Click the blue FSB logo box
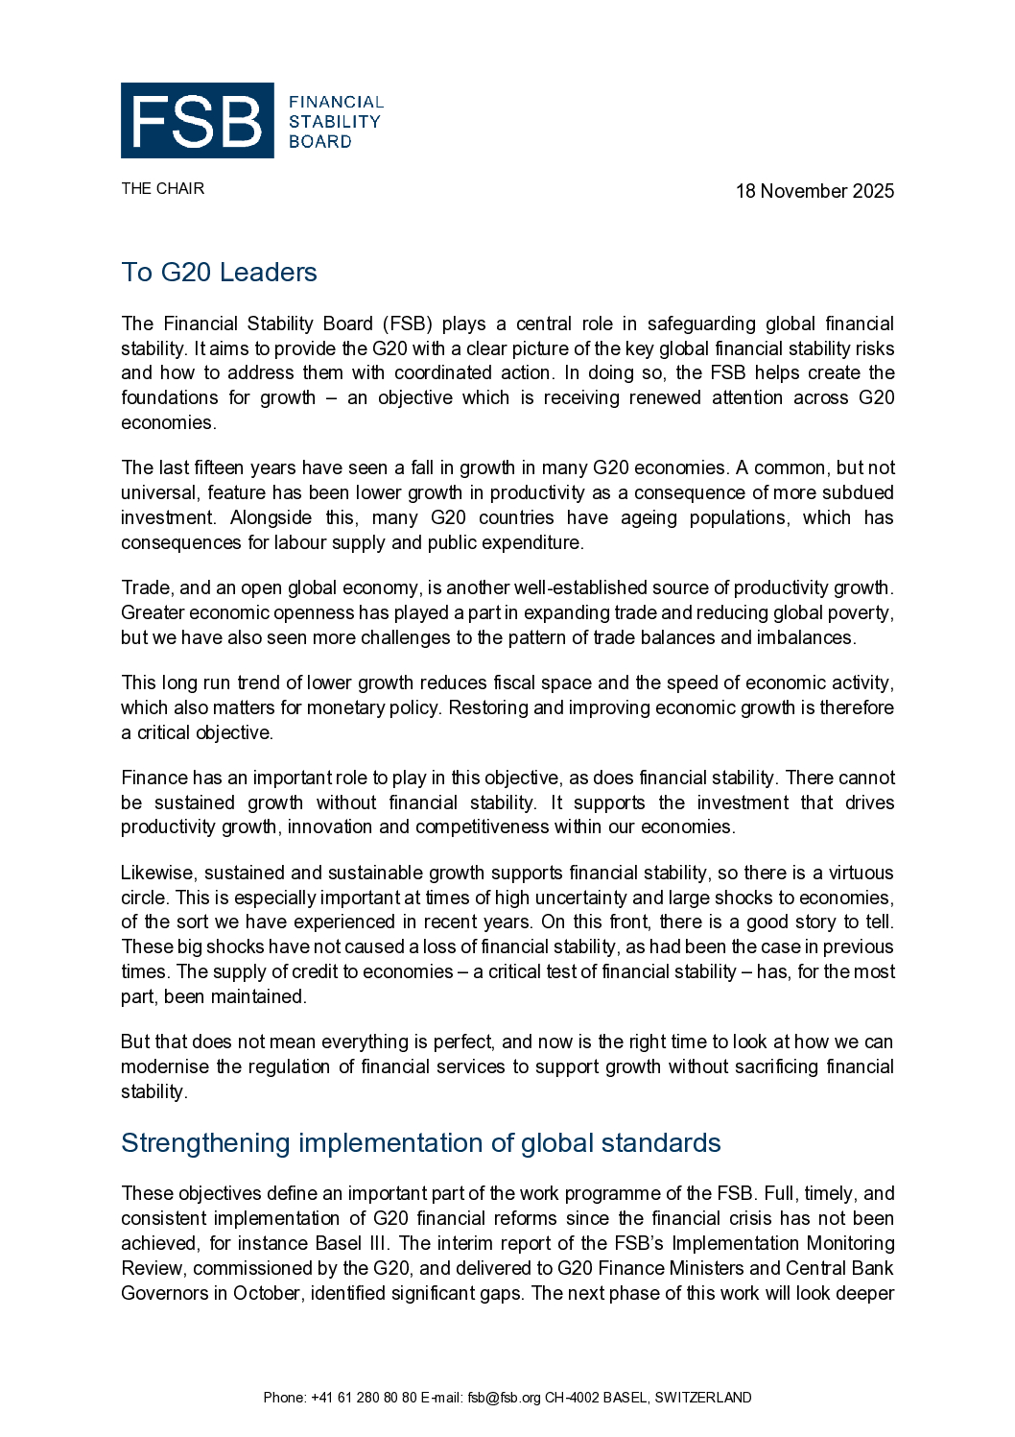point(197,121)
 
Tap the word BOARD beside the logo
point(319,142)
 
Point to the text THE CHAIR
point(162,188)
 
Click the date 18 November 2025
point(814,191)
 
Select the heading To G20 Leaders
point(219,273)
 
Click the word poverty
point(861,612)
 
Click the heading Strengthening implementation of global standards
point(420,1143)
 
